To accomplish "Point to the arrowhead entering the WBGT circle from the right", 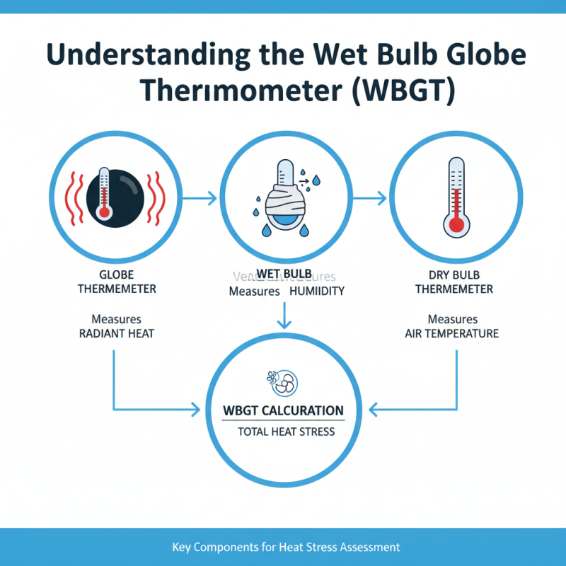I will pyautogui.click(x=374, y=408).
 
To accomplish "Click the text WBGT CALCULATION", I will pyautogui.click(x=283, y=410).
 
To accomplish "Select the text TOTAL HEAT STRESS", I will pyautogui.click(x=283, y=432).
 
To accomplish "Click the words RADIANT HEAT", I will pyautogui.click(x=116, y=333).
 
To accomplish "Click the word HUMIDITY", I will pyautogui.click(x=316, y=291).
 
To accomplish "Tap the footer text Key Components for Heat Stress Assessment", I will pyautogui.click(x=286, y=547).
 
